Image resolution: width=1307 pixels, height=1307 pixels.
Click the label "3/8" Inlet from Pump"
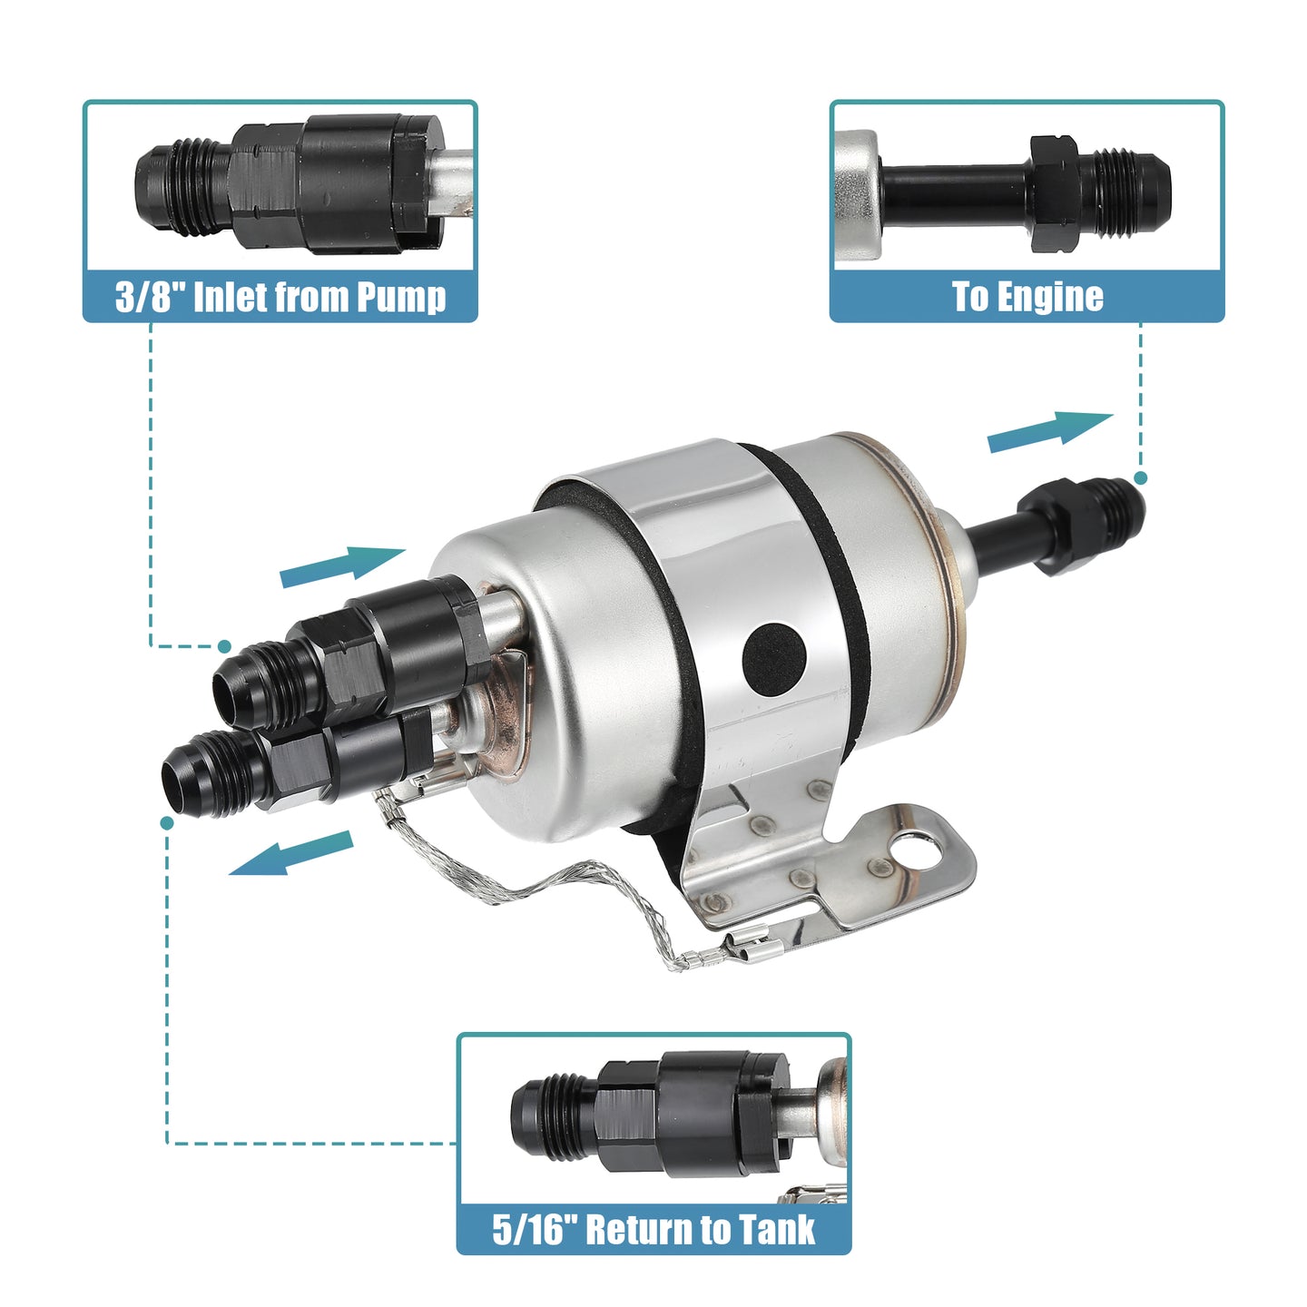coord(280,297)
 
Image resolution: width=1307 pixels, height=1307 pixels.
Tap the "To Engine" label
coord(1027,297)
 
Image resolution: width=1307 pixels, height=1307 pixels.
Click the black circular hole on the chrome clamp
coord(774,655)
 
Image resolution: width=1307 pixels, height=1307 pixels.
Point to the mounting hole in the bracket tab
coord(916,847)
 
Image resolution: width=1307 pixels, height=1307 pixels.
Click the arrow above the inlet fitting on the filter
coord(342,565)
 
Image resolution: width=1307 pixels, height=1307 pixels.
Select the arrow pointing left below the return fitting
coord(291,854)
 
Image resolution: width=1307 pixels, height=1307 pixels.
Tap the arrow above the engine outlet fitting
coord(1050,432)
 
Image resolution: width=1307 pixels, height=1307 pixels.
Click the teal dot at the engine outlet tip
coord(1141,478)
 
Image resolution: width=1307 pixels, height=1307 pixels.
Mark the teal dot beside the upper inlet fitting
coord(224,646)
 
